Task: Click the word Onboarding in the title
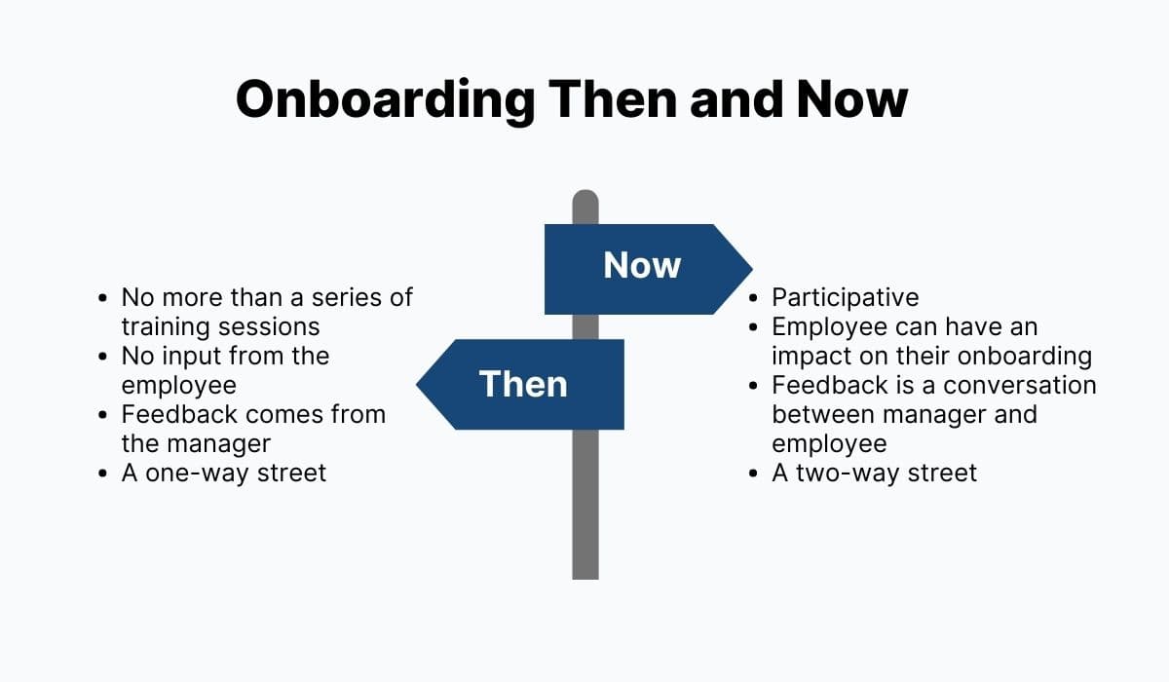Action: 385,99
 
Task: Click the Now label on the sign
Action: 642,265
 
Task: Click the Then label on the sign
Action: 523,384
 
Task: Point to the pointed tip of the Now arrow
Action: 751,268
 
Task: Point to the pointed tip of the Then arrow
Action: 418,384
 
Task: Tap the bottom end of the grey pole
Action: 584,575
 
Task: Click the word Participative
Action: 845,297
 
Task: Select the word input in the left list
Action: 187,356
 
